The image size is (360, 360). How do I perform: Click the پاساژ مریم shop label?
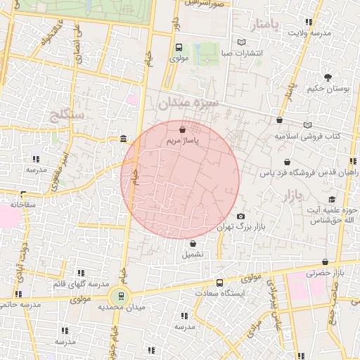coord(182,141)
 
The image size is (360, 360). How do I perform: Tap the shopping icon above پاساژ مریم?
coord(183,130)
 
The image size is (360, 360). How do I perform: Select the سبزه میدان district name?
coord(188,103)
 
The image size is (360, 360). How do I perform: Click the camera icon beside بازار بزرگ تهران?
coord(241,217)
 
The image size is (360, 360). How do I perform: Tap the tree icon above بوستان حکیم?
coord(328,77)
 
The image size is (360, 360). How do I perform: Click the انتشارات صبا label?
coord(241,53)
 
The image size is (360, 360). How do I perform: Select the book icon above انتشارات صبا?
coord(242,41)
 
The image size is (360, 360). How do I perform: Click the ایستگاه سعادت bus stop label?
coord(220,293)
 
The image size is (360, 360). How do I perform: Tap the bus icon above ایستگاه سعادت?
coord(220,282)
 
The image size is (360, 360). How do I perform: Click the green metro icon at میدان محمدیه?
coord(120,296)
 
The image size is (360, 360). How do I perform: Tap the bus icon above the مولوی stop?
coord(179,48)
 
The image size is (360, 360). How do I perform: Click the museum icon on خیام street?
coord(124,138)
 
